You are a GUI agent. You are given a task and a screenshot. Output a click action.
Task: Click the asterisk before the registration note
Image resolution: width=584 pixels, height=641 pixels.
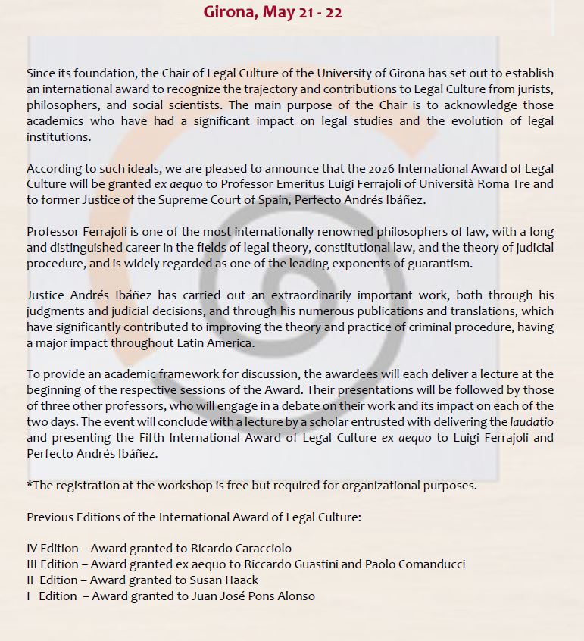tap(29, 485)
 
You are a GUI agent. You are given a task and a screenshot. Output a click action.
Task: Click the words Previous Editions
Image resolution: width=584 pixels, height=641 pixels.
tap(70, 517)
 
